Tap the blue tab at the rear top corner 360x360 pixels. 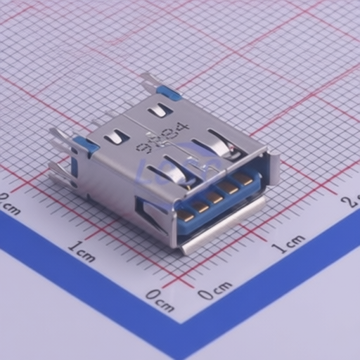coord(169,92)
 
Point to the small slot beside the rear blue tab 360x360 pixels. coord(160,110)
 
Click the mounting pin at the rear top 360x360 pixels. coord(148,82)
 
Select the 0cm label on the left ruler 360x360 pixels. coord(160,300)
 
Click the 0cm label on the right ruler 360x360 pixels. coord(214,290)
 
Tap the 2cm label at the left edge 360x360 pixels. coord(8,204)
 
